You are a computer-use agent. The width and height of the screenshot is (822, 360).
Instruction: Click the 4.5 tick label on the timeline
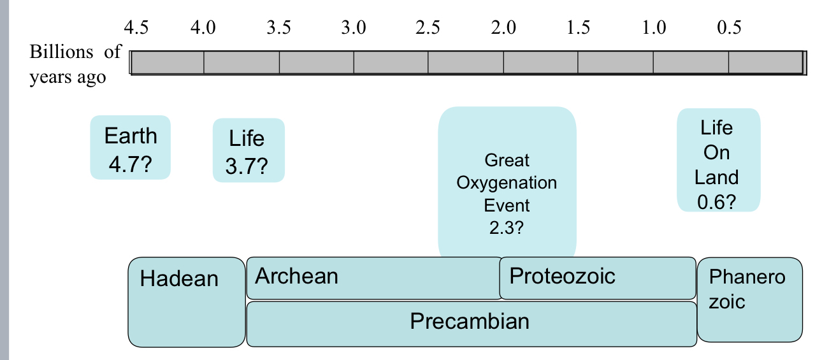point(136,28)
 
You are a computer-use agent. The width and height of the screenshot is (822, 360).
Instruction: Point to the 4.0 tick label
point(203,28)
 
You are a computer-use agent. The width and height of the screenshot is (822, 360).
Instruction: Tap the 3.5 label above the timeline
point(279,28)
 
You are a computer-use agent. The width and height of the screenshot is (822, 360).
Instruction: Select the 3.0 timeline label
point(354,28)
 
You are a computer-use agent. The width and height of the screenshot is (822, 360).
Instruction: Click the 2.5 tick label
point(428,28)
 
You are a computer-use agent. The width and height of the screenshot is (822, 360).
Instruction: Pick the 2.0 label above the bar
point(503,28)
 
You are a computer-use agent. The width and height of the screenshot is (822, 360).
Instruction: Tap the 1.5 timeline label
point(578,28)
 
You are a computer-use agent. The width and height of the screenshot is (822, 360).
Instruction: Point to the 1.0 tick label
point(653,28)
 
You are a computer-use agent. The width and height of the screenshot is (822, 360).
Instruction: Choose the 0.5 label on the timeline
point(728,28)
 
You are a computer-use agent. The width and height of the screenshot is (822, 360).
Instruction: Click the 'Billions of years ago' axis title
point(75,64)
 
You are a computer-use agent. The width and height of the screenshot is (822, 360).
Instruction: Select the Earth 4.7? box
point(130,148)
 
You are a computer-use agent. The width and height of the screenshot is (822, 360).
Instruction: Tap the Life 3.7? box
point(248,150)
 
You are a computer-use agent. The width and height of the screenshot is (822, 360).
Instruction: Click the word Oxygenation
point(507,183)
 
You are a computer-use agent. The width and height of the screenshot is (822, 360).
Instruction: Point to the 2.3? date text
point(507,228)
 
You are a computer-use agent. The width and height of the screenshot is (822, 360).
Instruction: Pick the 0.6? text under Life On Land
point(717,202)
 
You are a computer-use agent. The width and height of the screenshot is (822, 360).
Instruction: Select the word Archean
point(296,276)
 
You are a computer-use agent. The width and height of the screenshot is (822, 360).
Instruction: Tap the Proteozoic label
point(562,276)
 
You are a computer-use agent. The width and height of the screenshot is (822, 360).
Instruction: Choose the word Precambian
point(470,321)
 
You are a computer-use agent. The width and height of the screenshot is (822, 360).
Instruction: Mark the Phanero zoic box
point(749,299)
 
